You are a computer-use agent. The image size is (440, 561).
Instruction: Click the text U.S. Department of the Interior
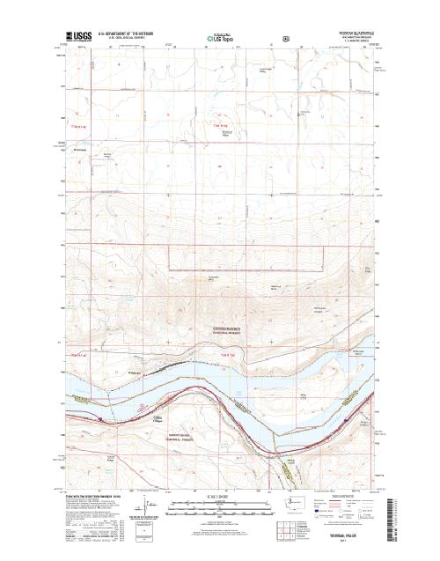[132, 27]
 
